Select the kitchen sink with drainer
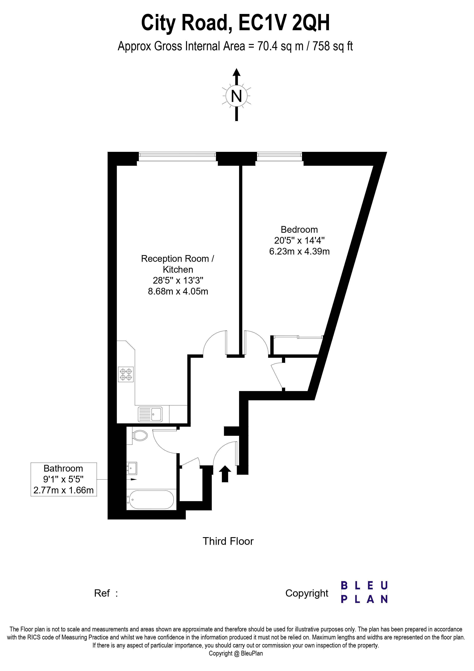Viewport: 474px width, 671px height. click(x=150, y=414)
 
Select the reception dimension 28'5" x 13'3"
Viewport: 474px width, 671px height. click(x=178, y=280)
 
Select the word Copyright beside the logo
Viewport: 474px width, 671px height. click(x=307, y=593)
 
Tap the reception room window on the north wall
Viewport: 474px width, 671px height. click(x=177, y=156)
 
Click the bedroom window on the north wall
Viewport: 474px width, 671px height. click(x=279, y=156)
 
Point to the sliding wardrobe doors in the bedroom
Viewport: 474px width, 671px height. click(x=299, y=337)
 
